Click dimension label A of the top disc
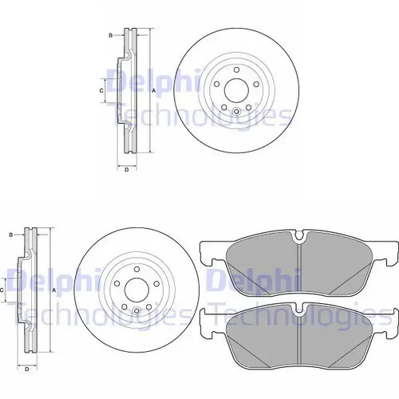[153, 91]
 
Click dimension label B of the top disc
[111, 35]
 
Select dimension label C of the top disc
[101, 91]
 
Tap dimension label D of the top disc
[127, 169]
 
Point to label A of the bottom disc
[54, 290]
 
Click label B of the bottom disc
[11, 235]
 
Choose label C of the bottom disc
[2, 290]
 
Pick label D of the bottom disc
[27, 369]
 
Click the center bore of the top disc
[236, 90]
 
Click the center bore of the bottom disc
[136, 290]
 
